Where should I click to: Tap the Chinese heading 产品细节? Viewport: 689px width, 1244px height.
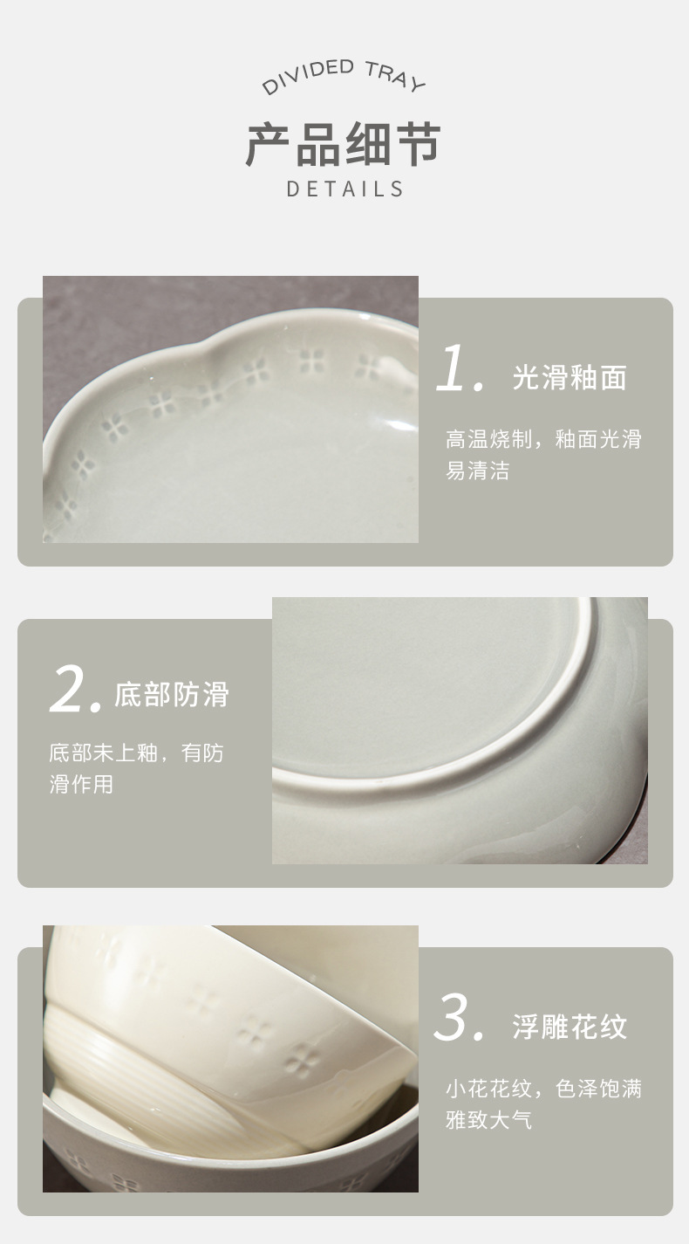click(344, 144)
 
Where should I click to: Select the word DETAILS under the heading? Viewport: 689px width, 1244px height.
click(345, 189)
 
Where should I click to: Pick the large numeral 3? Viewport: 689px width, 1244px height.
click(457, 1018)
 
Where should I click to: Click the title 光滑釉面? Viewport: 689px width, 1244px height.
click(569, 377)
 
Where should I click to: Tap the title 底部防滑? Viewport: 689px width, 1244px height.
click(171, 694)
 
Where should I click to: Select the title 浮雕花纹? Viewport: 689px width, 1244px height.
click(569, 1027)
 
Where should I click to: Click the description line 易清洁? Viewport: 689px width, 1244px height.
click(477, 471)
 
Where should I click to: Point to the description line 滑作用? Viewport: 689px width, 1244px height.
click(81, 784)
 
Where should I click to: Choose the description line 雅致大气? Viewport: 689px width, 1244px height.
click(488, 1120)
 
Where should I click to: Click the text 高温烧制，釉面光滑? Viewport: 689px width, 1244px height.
click(543, 439)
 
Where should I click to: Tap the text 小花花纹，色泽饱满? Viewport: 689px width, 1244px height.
click(543, 1089)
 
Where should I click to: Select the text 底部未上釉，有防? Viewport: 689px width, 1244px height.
click(136, 753)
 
